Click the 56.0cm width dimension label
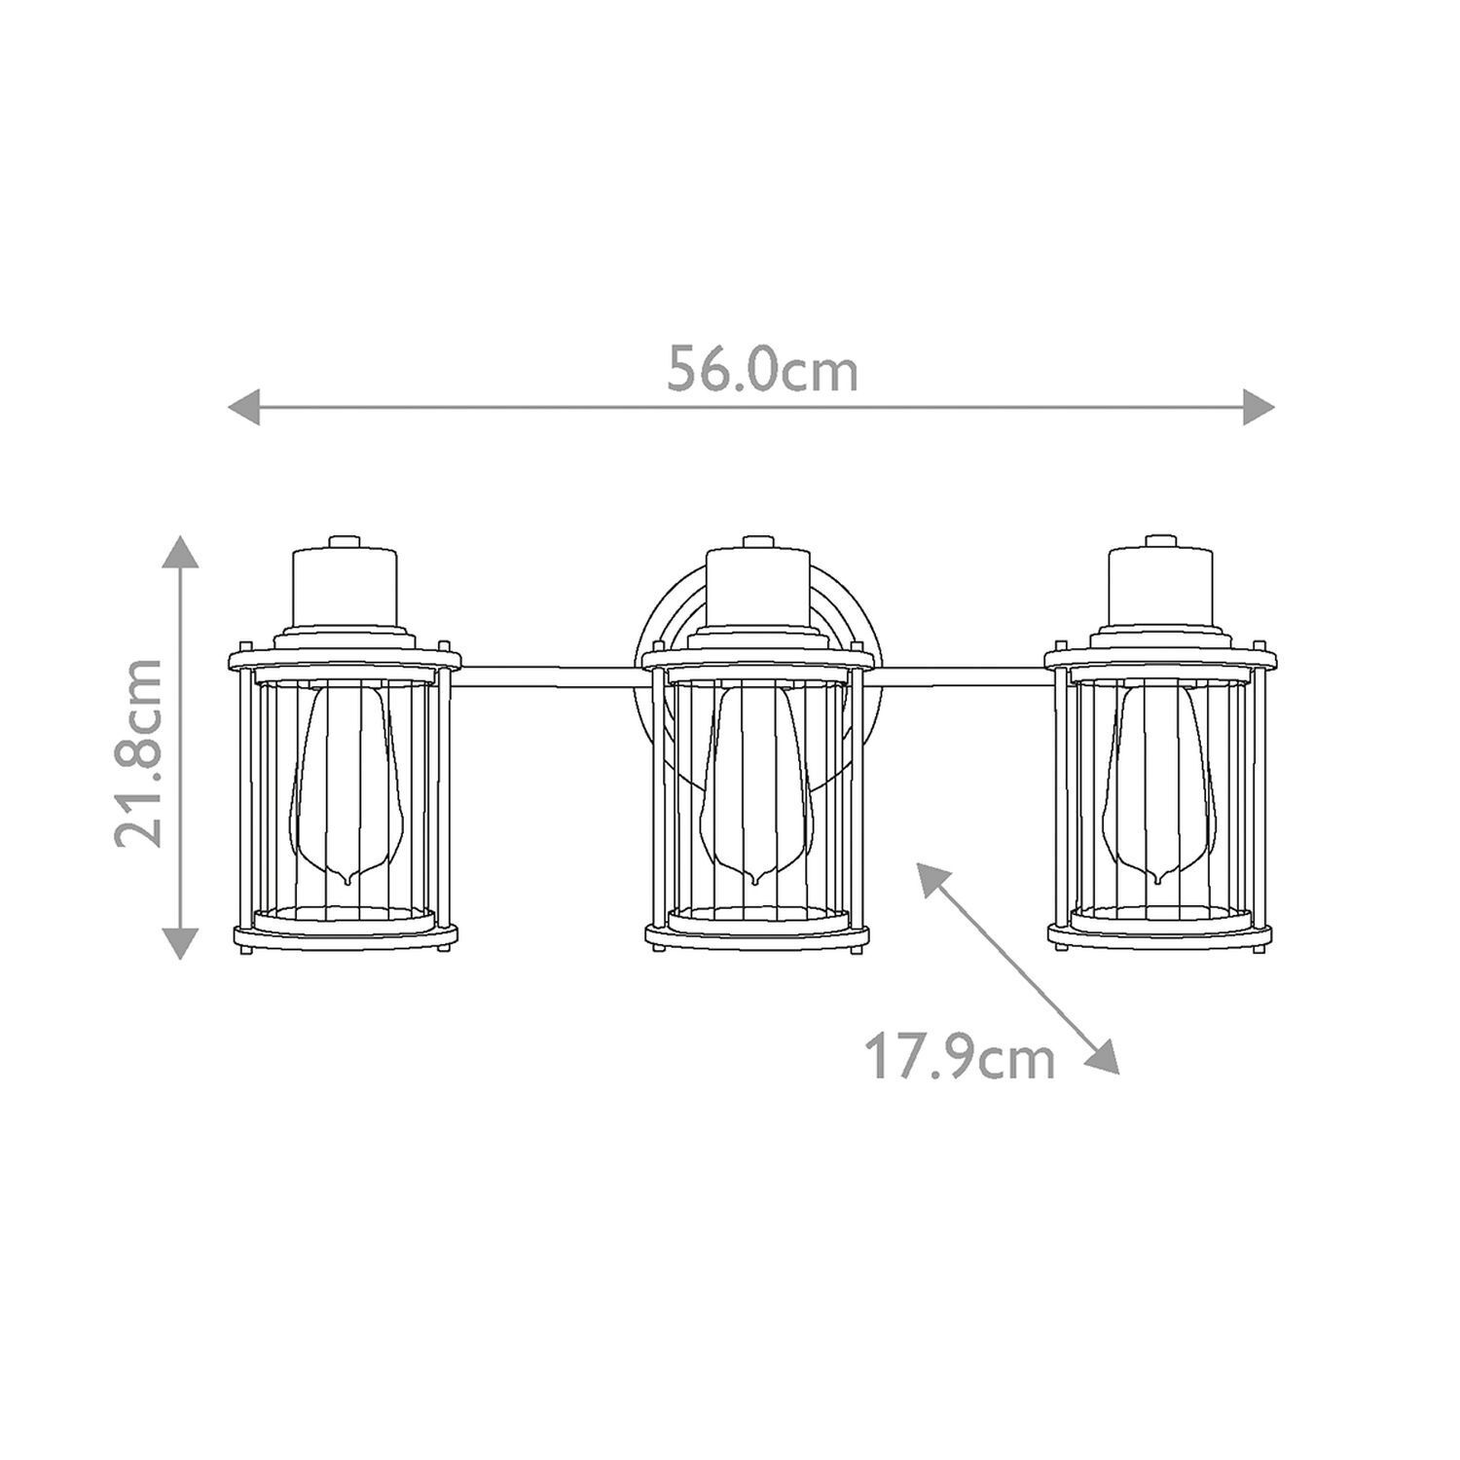click(762, 371)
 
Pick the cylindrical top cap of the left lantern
click(345, 588)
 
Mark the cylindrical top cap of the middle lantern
click(756, 588)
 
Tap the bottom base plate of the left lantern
click(347, 936)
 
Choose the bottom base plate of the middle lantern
click(756, 936)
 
